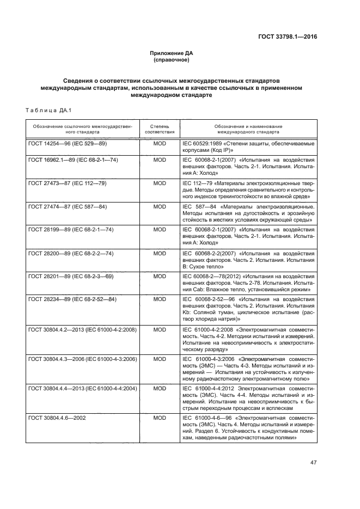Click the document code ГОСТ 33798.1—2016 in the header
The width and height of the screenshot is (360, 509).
coord(288,37)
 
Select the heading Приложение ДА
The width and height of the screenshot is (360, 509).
coord(172,53)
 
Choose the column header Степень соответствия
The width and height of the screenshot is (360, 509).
coord(159,128)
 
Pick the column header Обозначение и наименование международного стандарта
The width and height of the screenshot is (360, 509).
coord(249,128)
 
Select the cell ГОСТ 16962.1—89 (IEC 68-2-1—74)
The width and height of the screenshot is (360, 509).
coord(73,160)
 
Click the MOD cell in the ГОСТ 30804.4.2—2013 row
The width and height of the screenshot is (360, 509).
coord(159,329)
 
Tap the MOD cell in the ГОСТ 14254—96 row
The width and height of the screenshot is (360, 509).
coord(159,143)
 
